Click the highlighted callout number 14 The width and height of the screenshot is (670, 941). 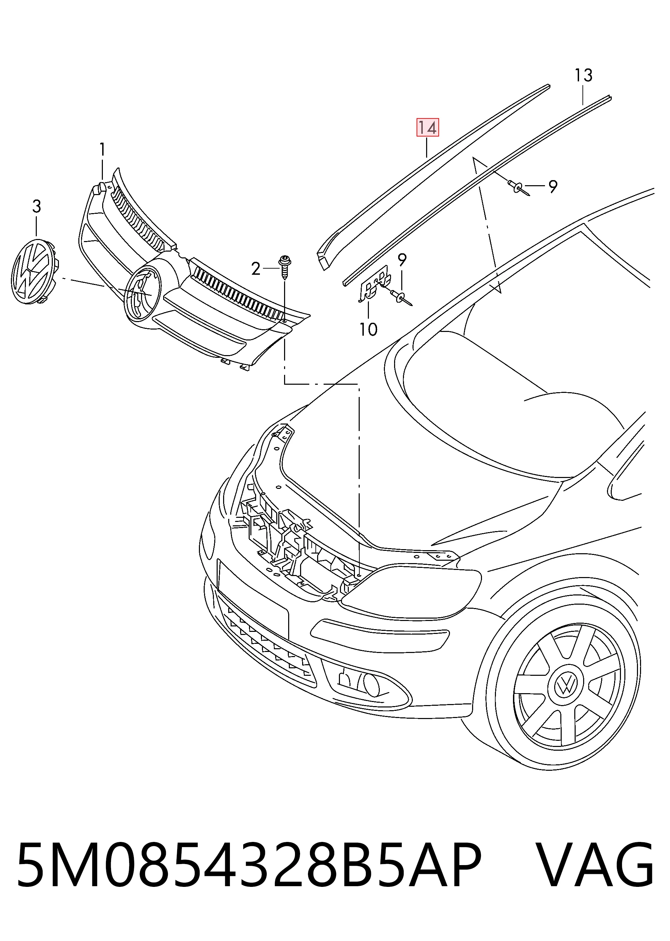427,128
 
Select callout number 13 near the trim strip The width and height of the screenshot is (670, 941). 584,76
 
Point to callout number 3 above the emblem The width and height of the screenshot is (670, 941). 37,206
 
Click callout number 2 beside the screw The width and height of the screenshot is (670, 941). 256,269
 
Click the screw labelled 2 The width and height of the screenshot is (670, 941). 285,267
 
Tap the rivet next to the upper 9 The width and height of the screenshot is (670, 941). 518,188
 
